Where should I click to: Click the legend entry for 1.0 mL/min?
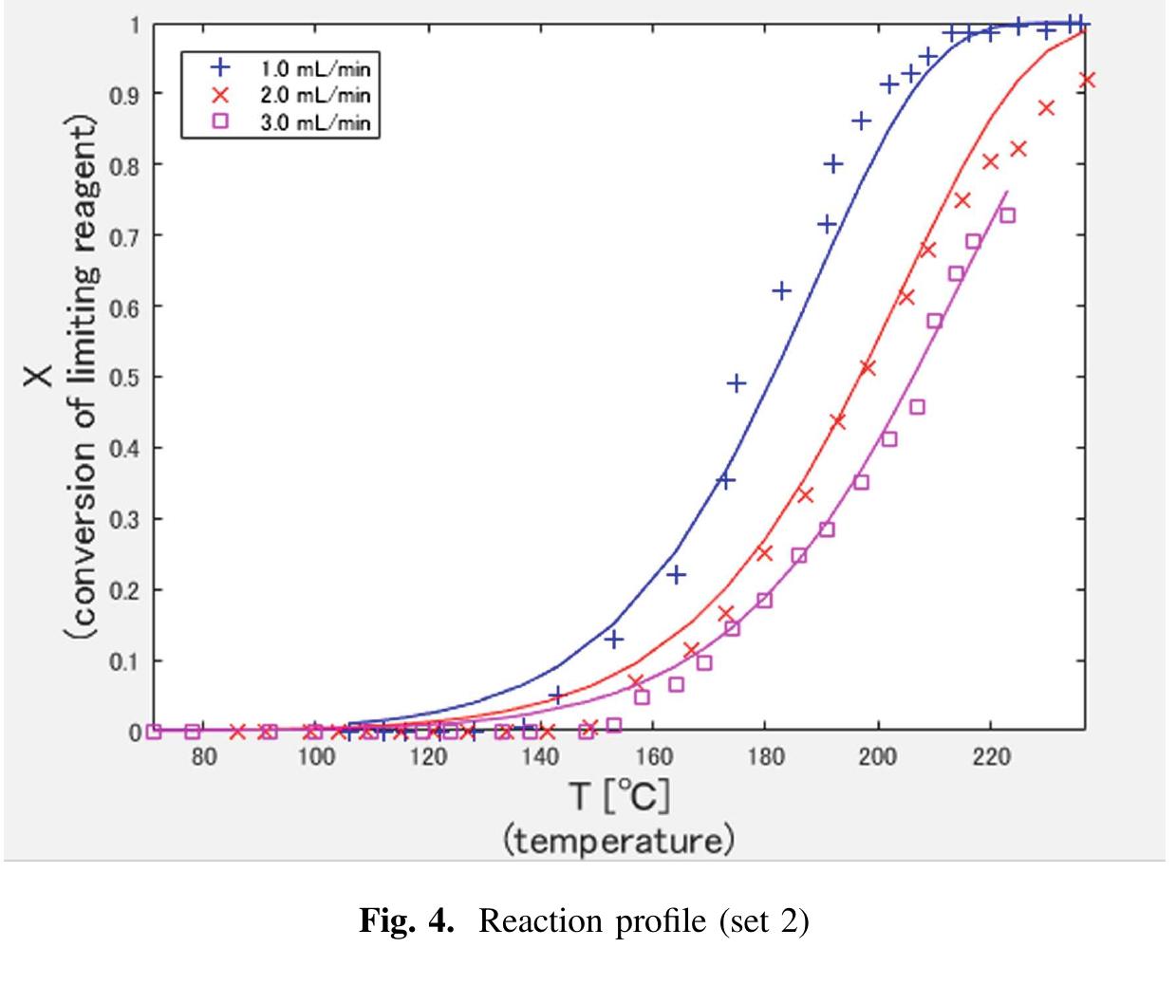point(315,68)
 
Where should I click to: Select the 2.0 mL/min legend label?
point(315,95)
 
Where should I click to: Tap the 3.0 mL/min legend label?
point(315,122)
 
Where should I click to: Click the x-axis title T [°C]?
point(619,798)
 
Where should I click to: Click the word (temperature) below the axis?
point(619,841)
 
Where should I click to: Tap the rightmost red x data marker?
point(1088,81)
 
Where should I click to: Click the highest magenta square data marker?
point(1008,215)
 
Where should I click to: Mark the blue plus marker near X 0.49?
point(736,383)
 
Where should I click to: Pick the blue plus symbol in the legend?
point(220,68)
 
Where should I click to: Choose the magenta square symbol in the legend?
point(220,122)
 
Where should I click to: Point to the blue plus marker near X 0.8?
point(833,164)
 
